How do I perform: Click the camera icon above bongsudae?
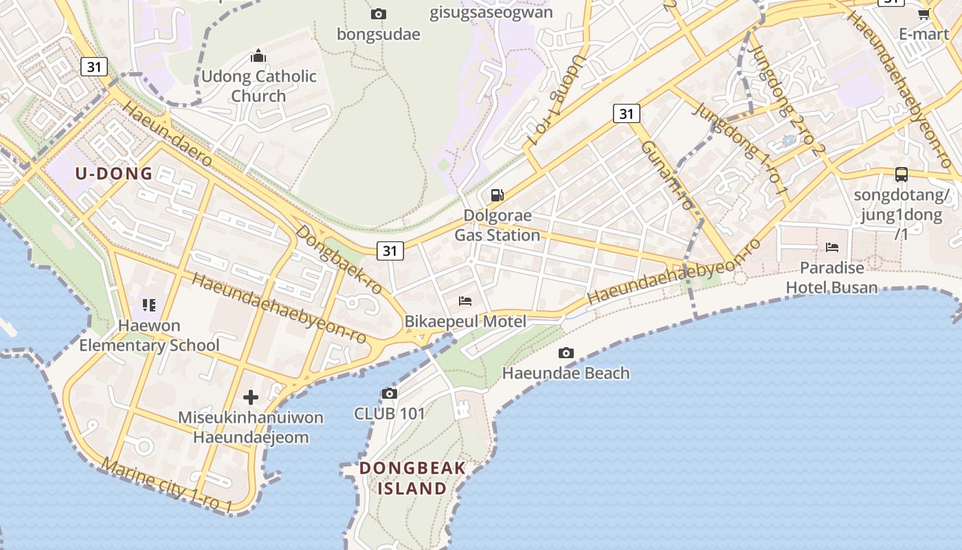click(378, 14)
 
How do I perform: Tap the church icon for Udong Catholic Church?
click(258, 56)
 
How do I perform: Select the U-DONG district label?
click(114, 173)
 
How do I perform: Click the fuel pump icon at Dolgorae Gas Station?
click(497, 195)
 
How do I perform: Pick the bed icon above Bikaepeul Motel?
click(465, 300)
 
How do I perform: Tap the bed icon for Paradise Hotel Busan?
click(832, 247)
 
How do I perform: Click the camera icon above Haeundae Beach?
click(566, 353)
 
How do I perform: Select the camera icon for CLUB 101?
click(390, 393)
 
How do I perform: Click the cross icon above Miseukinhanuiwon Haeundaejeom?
click(251, 397)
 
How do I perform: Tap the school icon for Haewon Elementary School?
click(149, 305)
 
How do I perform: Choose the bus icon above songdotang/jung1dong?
click(901, 175)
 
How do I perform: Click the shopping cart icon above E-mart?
click(924, 14)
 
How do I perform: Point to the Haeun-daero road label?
click(167, 134)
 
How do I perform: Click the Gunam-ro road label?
click(667, 175)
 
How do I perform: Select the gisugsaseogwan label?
click(491, 12)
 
